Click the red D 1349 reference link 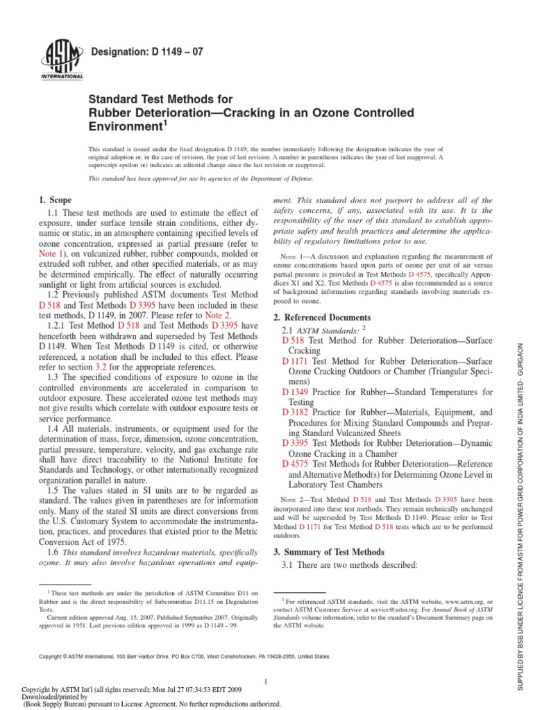pos(296,392)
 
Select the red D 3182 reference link pos(296,412)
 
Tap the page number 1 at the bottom pos(266,682)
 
